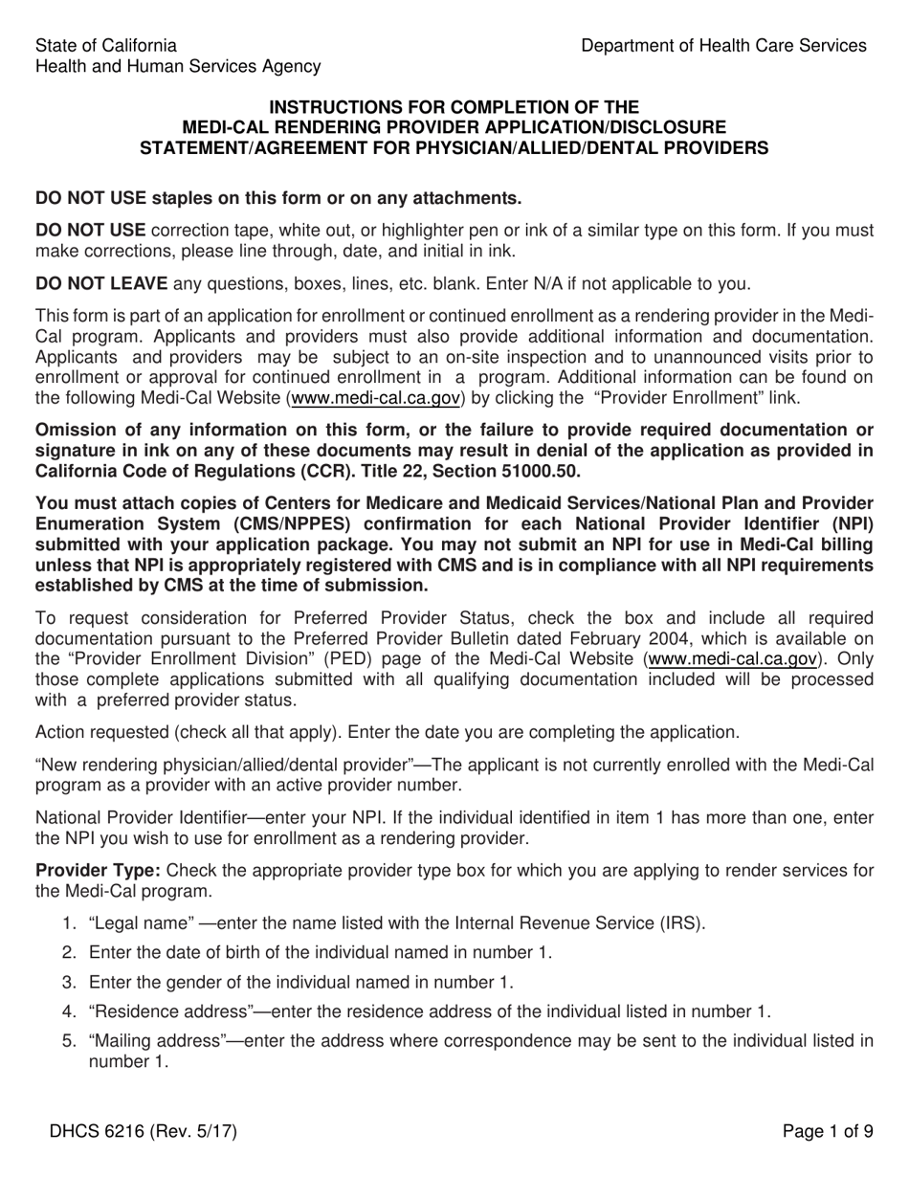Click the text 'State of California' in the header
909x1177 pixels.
105,45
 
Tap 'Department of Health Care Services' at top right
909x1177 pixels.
723,45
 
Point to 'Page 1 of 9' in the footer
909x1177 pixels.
828,1131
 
